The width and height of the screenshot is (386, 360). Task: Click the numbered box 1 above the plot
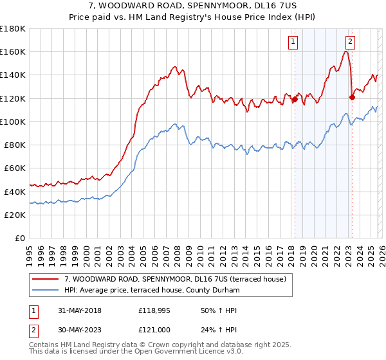[293, 42]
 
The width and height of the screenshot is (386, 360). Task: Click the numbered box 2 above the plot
[350, 42]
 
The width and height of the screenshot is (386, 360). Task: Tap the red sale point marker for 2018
[295, 100]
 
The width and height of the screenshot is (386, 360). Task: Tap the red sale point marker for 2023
[352, 98]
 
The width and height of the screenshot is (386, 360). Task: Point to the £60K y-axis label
[15, 168]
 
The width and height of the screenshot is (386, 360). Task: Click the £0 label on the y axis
[20, 238]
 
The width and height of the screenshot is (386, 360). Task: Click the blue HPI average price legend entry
[152, 291]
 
